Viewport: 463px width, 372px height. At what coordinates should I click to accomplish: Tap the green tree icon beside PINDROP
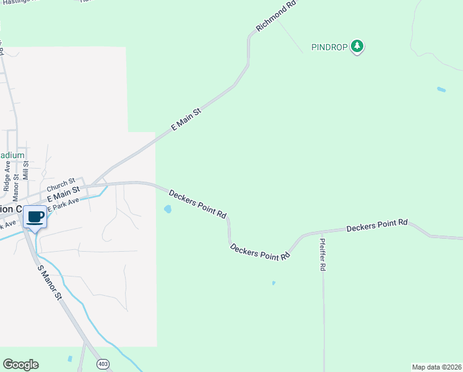click(357, 46)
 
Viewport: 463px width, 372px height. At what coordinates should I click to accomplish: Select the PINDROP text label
click(329, 47)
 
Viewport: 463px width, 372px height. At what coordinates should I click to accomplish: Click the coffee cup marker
click(35, 218)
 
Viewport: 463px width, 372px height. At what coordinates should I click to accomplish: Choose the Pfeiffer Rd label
click(322, 255)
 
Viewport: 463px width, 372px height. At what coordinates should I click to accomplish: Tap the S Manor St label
click(50, 283)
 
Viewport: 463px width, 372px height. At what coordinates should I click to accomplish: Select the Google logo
click(20, 365)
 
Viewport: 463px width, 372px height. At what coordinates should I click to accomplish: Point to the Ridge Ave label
click(7, 176)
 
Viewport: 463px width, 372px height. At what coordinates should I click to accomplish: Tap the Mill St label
click(26, 170)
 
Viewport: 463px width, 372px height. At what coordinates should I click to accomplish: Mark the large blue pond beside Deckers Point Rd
click(168, 210)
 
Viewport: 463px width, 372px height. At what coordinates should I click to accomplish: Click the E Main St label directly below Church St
click(64, 193)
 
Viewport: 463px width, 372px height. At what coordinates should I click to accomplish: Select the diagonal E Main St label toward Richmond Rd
click(186, 119)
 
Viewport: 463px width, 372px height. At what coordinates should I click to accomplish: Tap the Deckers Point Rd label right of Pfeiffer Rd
click(377, 225)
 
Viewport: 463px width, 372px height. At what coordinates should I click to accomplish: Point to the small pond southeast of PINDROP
click(441, 90)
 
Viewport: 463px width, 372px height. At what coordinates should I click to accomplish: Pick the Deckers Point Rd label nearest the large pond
click(197, 203)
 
